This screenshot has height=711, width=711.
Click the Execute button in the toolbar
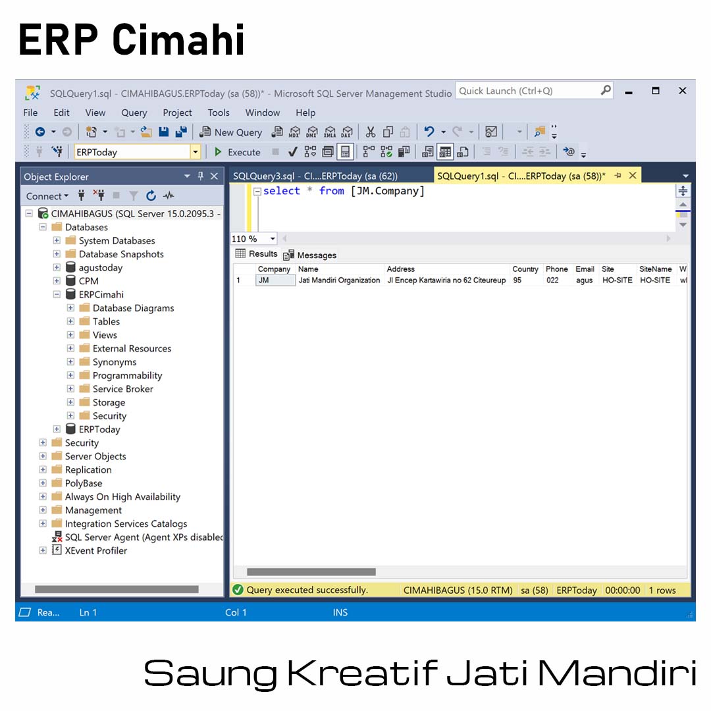(x=237, y=152)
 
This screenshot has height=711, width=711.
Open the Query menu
(x=134, y=113)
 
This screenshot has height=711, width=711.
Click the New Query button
(x=231, y=132)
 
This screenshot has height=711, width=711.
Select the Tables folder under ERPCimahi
(x=106, y=321)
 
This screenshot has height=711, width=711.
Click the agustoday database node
(x=100, y=267)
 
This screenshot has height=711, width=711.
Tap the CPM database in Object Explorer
(x=88, y=281)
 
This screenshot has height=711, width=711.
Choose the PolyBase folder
(x=84, y=483)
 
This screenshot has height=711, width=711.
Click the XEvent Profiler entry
(x=95, y=550)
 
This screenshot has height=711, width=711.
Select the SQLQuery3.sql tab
(x=315, y=176)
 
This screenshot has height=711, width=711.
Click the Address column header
(x=400, y=269)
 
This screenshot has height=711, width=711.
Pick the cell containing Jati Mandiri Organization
(x=339, y=280)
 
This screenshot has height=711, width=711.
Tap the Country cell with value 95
(x=517, y=280)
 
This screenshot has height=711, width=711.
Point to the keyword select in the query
(x=282, y=191)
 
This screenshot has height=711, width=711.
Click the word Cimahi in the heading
(x=178, y=40)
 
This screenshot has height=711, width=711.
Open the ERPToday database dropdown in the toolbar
(x=196, y=152)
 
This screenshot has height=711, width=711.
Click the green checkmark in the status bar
(x=238, y=590)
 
